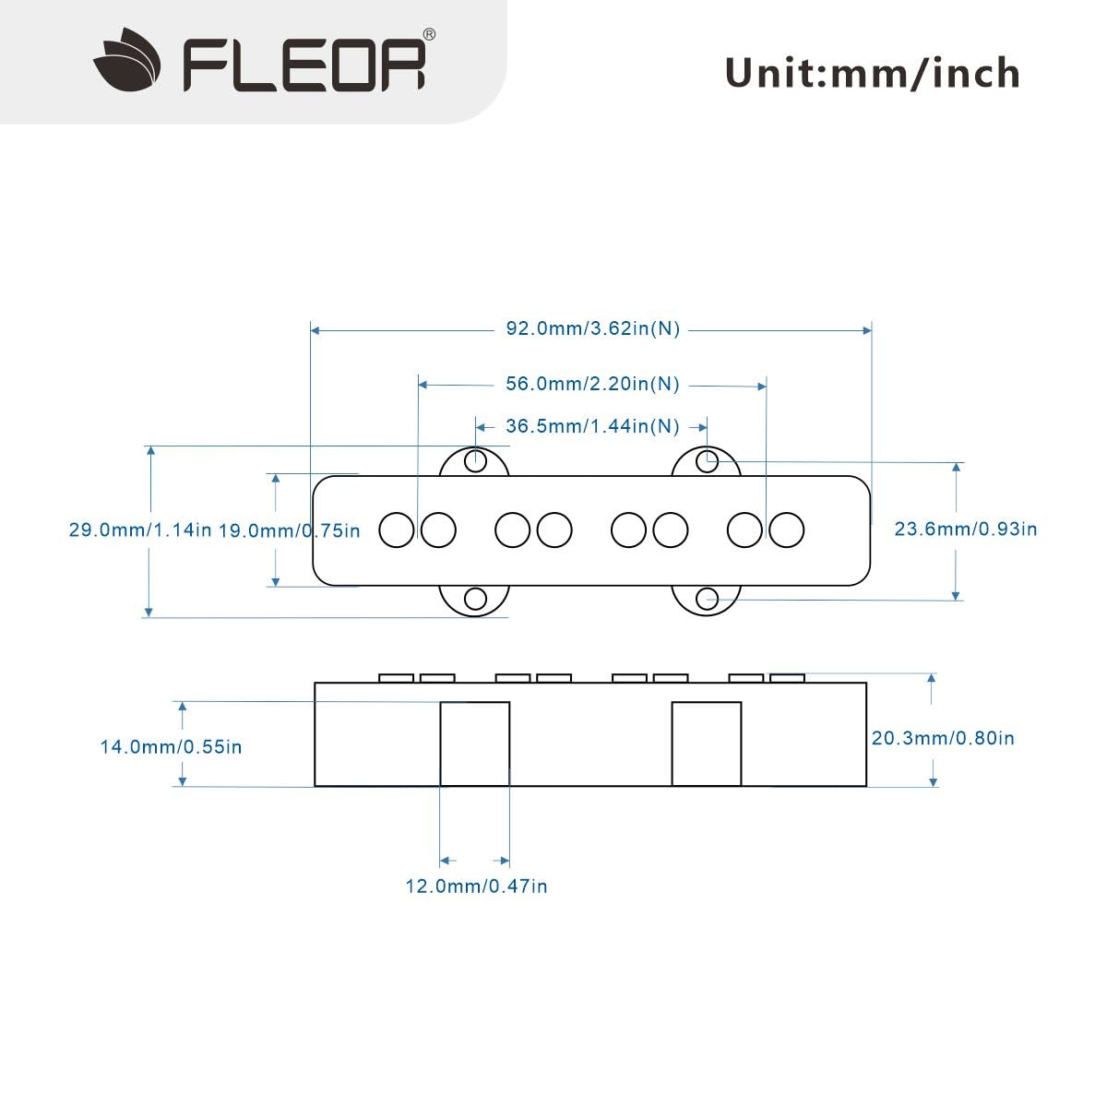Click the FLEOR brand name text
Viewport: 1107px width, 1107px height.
click(x=304, y=63)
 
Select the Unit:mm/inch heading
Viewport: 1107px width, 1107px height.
click(x=872, y=73)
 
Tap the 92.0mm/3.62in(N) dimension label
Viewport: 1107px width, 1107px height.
click(x=592, y=329)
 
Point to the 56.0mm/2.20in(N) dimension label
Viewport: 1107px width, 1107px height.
click(x=592, y=385)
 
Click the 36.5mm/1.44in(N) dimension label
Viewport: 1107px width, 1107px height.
click(x=592, y=426)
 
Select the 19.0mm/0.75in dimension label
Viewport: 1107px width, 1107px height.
click(x=290, y=530)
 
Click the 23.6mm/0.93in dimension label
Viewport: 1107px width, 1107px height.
click(x=966, y=529)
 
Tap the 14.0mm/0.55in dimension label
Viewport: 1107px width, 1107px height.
click(x=172, y=746)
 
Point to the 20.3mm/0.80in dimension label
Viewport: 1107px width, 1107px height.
click(x=943, y=738)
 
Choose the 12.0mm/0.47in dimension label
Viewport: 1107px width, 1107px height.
click(x=476, y=887)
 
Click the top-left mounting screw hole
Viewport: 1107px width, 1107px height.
click(x=475, y=460)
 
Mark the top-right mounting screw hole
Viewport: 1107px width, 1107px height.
click(x=707, y=460)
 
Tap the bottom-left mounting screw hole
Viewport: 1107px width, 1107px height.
click(x=475, y=599)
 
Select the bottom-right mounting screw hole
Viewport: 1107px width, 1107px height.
click(x=707, y=599)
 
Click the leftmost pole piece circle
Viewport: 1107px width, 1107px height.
click(x=398, y=530)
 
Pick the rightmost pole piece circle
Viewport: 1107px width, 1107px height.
click(x=787, y=530)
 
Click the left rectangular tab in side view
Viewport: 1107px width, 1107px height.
click(x=475, y=744)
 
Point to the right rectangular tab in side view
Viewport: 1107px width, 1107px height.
click(x=707, y=744)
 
